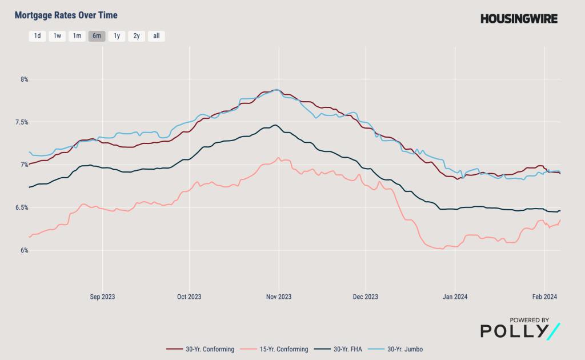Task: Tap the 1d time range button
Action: point(37,36)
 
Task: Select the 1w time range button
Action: point(57,36)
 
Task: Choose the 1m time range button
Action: point(77,36)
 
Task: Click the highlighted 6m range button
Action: point(97,36)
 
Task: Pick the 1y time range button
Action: point(117,36)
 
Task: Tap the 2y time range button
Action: point(136,36)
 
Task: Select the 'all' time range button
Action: point(156,36)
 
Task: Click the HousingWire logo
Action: point(519,19)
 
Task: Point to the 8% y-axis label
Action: point(24,79)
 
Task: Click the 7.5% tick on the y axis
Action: point(22,122)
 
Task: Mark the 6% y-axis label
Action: point(24,250)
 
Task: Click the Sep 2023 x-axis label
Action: point(103,297)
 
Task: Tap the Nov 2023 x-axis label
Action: point(279,297)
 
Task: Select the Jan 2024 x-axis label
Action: point(455,297)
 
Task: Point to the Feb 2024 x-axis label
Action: point(544,297)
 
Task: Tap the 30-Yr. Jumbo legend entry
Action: point(403,349)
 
